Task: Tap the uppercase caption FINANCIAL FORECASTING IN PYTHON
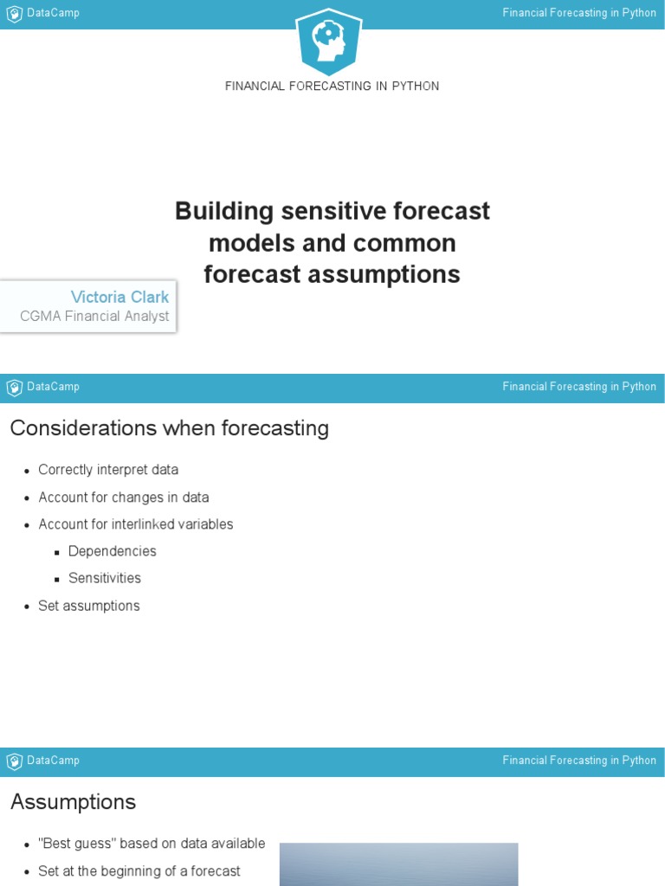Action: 332,87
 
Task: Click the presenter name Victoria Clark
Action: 119,297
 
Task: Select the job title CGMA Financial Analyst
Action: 94,317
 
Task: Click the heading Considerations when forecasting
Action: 169,428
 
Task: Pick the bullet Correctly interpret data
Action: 108,470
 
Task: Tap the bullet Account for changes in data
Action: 123,498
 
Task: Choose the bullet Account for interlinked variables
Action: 135,524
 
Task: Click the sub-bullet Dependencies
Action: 112,551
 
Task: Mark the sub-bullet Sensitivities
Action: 104,578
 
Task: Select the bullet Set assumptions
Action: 88,606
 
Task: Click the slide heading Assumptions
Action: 73,802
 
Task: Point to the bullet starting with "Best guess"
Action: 152,844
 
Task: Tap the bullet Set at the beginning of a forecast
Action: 139,871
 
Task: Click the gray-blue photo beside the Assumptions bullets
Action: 398,864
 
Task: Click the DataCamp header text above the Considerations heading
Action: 53,387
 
